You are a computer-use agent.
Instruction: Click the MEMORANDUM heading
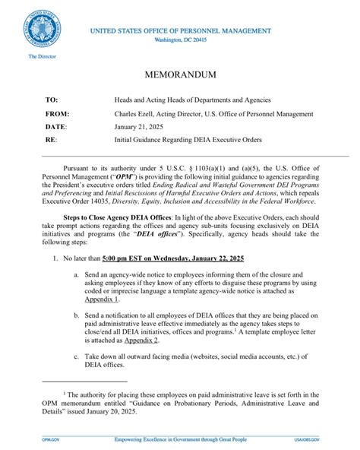point(179,75)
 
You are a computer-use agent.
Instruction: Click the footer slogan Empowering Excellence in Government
point(179,440)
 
